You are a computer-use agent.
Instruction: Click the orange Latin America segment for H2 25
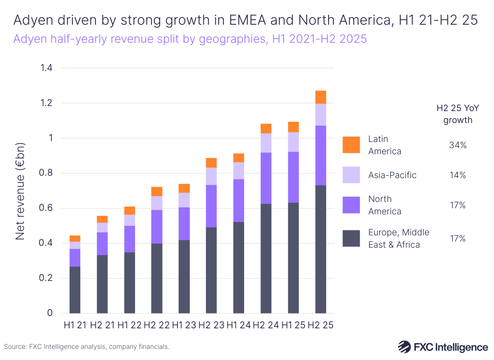click(x=321, y=97)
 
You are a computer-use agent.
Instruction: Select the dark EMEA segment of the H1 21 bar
click(x=75, y=290)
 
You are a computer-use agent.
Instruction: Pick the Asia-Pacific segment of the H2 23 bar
click(x=211, y=176)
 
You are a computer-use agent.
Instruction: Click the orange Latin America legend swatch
click(x=351, y=145)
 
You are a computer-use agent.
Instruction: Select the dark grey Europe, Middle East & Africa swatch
click(x=351, y=239)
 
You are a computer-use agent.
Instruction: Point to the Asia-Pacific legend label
click(x=392, y=175)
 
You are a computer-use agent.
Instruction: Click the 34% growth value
click(x=457, y=145)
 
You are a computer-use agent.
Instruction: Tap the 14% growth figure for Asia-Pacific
click(x=457, y=175)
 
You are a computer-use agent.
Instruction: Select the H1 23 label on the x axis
click(x=184, y=325)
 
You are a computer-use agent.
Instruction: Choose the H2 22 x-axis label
click(x=157, y=325)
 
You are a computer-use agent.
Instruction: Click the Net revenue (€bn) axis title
click(x=21, y=191)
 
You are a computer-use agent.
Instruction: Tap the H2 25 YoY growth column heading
click(x=454, y=114)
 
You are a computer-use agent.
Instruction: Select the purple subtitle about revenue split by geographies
click(x=190, y=39)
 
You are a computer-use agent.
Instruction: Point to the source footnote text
click(x=86, y=347)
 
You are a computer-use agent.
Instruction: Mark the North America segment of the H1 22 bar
click(x=130, y=239)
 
